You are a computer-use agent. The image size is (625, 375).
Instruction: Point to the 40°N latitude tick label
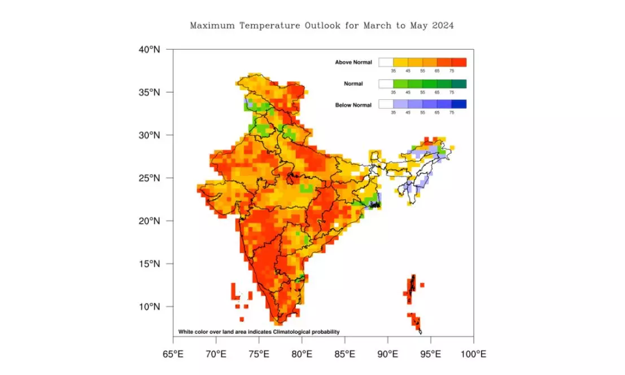pos(149,50)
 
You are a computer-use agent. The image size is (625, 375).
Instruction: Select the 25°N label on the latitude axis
pos(149,178)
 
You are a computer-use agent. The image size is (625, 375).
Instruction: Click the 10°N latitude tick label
pos(149,307)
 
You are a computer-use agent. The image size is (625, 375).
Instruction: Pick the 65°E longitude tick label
pos(173,354)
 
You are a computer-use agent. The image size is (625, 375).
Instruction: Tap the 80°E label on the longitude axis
pos(301,354)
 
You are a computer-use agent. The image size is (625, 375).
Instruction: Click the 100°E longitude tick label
pos(473,354)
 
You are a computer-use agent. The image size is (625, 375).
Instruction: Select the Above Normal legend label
pos(353,63)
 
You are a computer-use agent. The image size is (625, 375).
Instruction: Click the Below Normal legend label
pos(353,105)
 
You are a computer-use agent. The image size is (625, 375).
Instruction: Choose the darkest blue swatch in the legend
pos(459,104)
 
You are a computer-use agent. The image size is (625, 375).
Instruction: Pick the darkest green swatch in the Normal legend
pos(459,84)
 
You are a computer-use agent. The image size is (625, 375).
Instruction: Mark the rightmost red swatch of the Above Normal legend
pos(459,63)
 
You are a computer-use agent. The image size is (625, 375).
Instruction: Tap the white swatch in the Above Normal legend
pos(386,63)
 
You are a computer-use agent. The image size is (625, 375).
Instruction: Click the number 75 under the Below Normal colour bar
pos(452,113)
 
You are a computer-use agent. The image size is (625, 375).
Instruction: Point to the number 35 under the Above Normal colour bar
pos(393,71)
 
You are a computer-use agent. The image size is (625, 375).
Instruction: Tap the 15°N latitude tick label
pos(149,264)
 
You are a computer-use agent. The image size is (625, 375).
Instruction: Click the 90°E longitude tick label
pos(387,354)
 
